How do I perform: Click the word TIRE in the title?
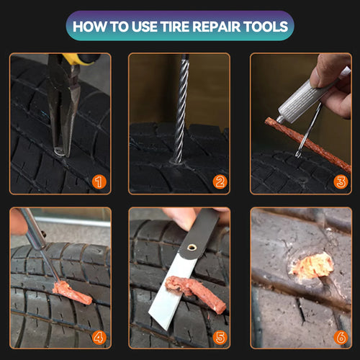tap(189, 27)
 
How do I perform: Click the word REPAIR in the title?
tap(232, 27)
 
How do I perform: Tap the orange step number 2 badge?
tap(220, 182)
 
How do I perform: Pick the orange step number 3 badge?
tap(341, 182)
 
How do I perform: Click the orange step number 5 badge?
tap(220, 336)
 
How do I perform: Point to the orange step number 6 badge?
tap(341, 336)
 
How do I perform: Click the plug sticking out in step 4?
tap(72, 292)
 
